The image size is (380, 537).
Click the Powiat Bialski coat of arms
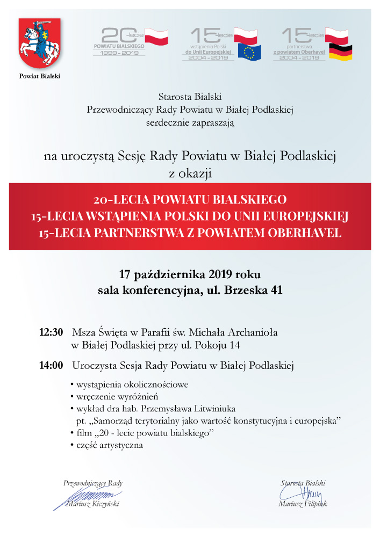40,43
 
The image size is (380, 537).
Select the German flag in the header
341,53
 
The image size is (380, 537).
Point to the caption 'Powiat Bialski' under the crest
40,76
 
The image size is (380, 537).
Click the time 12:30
52,332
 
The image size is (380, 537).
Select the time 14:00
52,366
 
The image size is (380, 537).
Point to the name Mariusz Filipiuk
303,504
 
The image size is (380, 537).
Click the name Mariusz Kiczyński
92,504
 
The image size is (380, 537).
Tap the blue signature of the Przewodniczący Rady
89,495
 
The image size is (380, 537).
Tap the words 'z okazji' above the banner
190,173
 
